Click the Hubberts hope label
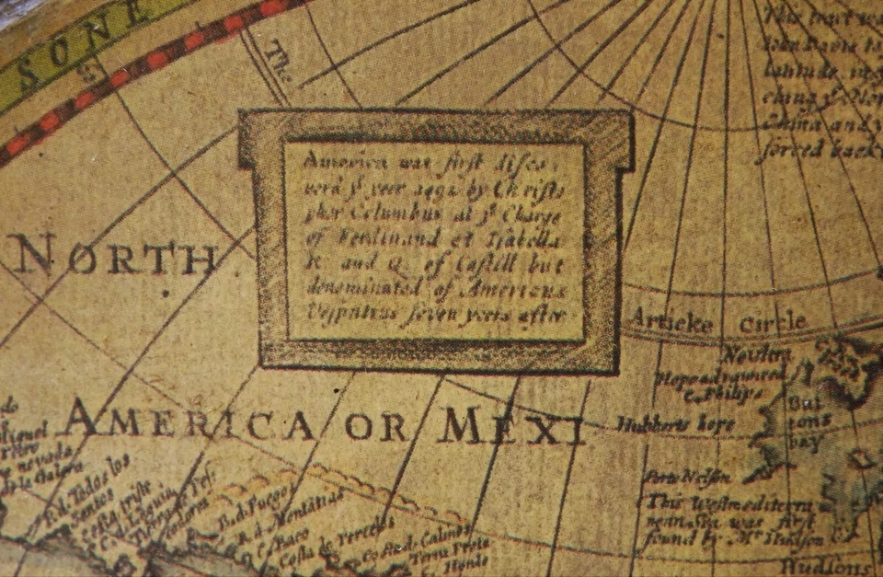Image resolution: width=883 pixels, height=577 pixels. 675,424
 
